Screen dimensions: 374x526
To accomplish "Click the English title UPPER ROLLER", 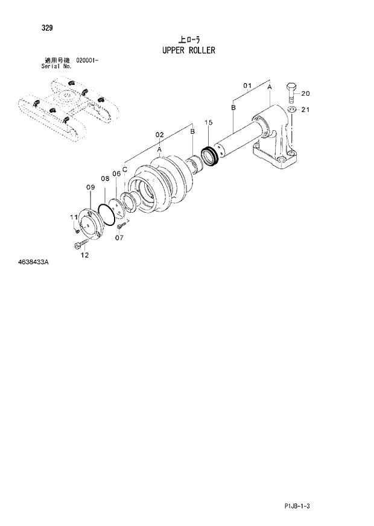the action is pyautogui.click(x=188, y=50).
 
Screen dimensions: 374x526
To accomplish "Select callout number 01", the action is pyautogui.click(x=247, y=86).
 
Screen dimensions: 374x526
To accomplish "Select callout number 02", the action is pyautogui.click(x=159, y=134).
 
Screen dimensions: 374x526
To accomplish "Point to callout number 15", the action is pyautogui.click(x=209, y=122).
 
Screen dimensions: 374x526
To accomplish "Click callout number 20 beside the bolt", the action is pyautogui.click(x=305, y=93).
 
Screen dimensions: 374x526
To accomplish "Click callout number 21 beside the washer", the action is pyautogui.click(x=305, y=110).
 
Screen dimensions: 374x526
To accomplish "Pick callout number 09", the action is pyautogui.click(x=90, y=187).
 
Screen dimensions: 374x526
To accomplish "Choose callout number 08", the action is pyautogui.click(x=104, y=178).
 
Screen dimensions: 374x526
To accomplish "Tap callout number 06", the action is pyautogui.click(x=116, y=174).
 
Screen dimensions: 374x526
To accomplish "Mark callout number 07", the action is pyautogui.click(x=119, y=237).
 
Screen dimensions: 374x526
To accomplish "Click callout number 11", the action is pyautogui.click(x=74, y=217).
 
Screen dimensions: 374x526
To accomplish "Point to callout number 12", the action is pyautogui.click(x=84, y=255).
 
